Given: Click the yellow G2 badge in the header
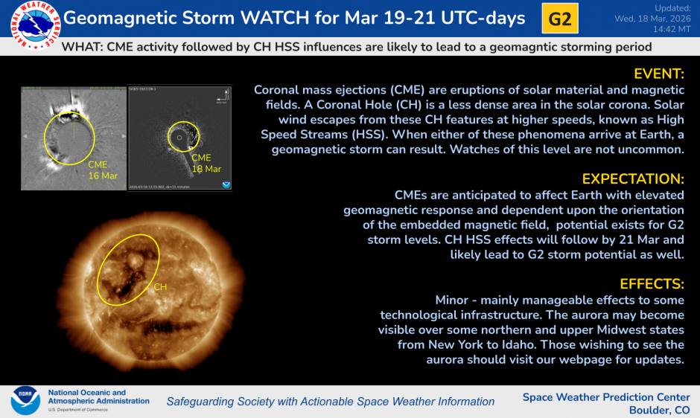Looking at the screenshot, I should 559,19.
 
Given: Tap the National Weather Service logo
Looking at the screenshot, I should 31,22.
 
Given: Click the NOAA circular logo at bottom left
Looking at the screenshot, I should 25,400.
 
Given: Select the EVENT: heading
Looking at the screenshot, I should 658,74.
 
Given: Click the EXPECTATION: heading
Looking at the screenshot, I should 633,179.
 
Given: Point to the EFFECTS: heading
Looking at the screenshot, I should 652,284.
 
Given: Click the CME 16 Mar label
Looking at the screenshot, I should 103,169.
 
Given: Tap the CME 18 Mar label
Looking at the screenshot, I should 206,164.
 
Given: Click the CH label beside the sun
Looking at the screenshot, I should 161,286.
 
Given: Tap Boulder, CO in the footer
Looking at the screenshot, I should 659,410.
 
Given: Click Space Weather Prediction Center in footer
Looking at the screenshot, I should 606,396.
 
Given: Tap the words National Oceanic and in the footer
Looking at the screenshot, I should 87,392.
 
